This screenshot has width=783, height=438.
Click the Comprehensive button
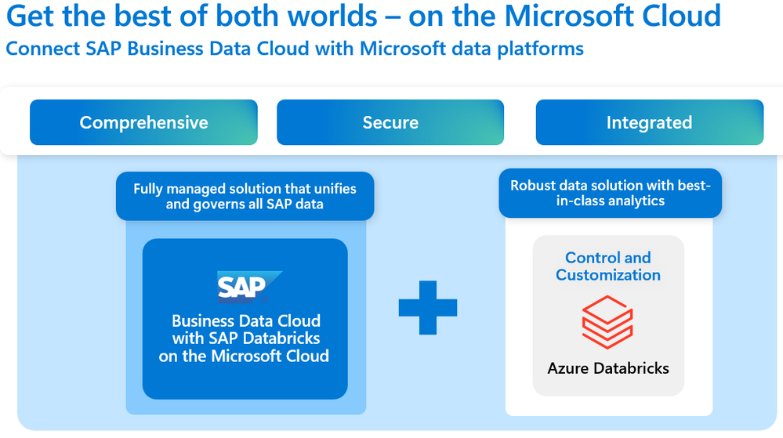(x=143, y=122)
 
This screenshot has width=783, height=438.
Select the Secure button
(x=390, y=122)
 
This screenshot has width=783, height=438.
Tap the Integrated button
(x=649, y=122)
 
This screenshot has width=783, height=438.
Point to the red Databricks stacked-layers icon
(x=607, y=321)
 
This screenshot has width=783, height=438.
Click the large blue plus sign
(x=428, y=306)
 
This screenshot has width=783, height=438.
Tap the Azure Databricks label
(x=608, y=367)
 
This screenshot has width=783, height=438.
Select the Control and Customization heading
(x=608, y=266)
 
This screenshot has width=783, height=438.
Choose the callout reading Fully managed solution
(x=245, y=196)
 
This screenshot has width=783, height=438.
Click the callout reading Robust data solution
(x=610, y=193)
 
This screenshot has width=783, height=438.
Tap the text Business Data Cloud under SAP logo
(x=246, y=321)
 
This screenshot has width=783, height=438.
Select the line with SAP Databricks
(x=246, y=338)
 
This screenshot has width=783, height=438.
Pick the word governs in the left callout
(x=220, y=205)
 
